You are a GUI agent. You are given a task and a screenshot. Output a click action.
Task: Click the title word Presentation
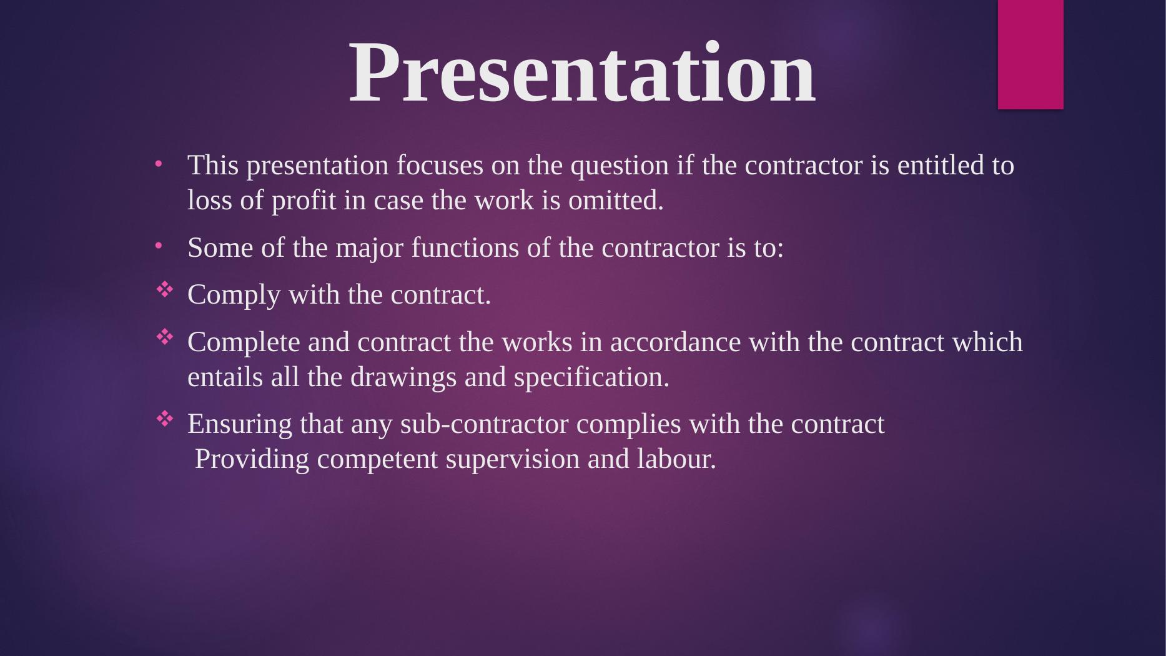(582, 72)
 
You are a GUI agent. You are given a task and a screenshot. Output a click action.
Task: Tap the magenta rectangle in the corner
(1030, 54)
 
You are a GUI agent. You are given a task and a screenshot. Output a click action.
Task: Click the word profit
(304, 201)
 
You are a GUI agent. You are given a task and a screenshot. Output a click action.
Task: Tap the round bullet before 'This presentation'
(159, 164)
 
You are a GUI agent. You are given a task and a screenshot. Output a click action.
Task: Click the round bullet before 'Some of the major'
(159, 246)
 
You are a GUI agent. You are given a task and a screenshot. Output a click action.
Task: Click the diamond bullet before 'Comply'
(164, 289)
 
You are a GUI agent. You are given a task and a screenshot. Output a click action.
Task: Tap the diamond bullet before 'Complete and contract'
(164, 337)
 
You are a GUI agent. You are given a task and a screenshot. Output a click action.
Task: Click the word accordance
(675, 342)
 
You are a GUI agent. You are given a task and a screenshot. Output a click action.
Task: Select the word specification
(591, 378)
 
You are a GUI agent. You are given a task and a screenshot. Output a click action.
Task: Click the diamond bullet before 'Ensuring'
(164, 419)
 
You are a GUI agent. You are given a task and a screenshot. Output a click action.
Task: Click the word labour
(676, 460)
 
